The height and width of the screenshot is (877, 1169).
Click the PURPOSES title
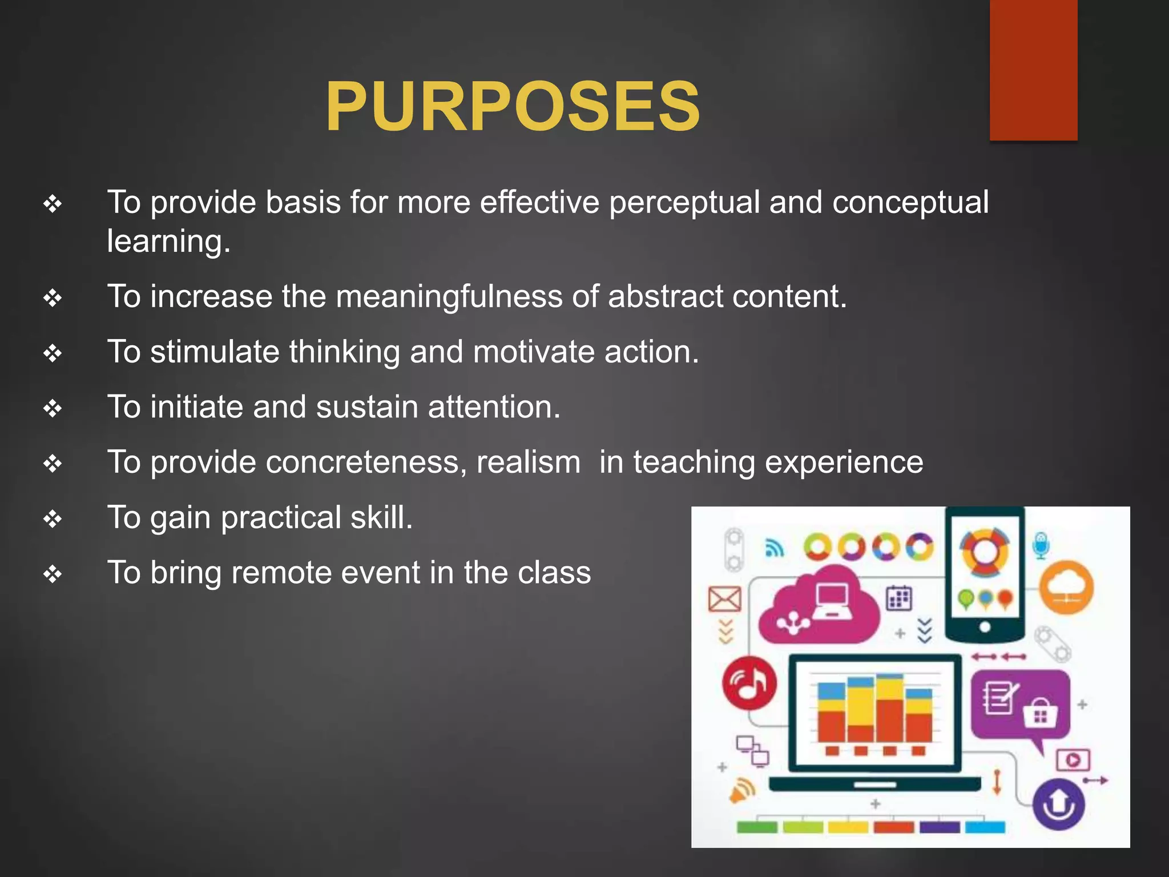(512, 107)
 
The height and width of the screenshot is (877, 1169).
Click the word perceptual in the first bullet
(683, 203)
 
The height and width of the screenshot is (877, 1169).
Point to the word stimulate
(215, 352)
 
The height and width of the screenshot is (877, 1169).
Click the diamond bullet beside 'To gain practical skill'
(53, 518)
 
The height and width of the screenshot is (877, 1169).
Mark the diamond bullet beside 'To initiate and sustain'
(53, 408)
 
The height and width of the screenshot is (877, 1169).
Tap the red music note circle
(749, 683)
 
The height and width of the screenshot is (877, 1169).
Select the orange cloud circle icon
(1066, 588)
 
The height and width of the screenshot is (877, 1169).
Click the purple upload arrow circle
(1059, 804)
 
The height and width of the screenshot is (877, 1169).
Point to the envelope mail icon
(724, 599)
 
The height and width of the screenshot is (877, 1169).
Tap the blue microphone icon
(1041, 545)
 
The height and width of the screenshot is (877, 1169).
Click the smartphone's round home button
(985, 627)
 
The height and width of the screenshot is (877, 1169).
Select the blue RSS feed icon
(775, 548)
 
